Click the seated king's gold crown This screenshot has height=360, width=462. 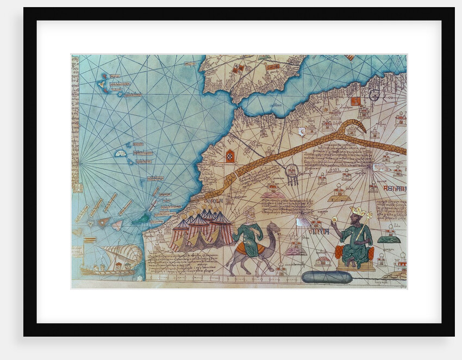[x=358, y=211]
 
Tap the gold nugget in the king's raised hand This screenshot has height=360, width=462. [x=334, y=219]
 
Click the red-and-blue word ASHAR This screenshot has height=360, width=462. [x=394, y=189]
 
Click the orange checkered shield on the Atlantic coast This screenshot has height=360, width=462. [x=230, y=156]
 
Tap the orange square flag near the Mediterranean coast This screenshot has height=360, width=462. [x=355, y=101]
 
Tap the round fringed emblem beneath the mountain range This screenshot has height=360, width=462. [x=292, y=172]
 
